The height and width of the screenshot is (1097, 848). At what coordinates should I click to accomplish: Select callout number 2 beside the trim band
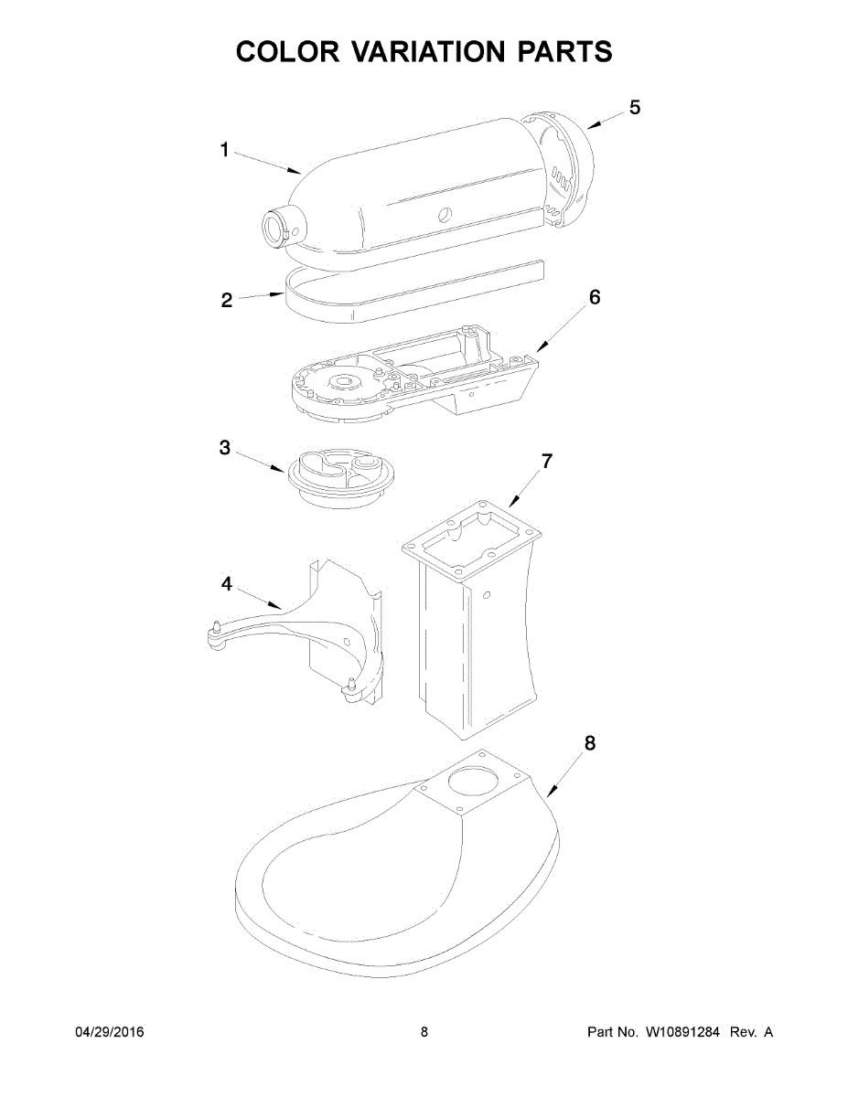[x=227, y=301]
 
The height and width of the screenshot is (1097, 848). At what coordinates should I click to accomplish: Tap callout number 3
[x=224, y=448]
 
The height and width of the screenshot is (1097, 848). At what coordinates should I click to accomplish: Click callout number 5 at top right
[x=635, y=107]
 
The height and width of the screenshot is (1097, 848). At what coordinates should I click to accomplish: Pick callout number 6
[x=595, y=297]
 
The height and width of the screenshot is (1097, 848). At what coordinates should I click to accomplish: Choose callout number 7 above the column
[x=547, y=462]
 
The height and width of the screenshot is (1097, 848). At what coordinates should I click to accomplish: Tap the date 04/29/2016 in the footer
[x=109, y=1032]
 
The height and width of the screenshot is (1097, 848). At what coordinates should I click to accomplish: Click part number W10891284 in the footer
[x=682, y=1032]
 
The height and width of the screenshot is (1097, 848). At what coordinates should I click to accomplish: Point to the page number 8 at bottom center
[x=424, y=1032]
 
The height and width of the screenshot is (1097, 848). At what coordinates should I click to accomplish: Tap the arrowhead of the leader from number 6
[x=538, y=350]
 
